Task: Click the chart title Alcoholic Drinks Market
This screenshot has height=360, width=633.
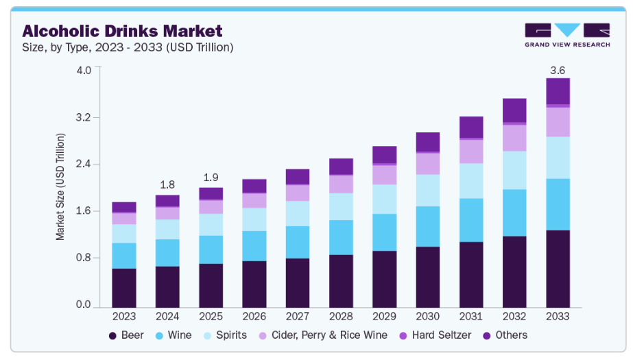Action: pos(122,31)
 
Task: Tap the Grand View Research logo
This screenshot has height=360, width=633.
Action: pos(566,34)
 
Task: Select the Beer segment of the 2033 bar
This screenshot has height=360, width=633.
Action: pos(558,268)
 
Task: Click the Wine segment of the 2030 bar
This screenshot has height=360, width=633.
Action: pos(427,226)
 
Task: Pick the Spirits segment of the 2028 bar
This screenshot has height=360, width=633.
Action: pos(341,206)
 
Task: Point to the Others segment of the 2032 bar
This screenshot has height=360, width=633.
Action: pos(514,110)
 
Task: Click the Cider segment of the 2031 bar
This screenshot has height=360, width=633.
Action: pos(471,151)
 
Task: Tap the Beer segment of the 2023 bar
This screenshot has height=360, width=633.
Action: pos(123,287)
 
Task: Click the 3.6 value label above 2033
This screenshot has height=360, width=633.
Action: pos(558,70)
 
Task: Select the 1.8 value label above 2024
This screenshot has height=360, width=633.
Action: pos(167,184)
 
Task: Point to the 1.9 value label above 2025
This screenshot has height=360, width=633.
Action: pos(211,177)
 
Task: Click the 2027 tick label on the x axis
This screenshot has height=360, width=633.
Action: pos(298,317)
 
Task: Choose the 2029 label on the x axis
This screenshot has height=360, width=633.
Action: pos(384,317)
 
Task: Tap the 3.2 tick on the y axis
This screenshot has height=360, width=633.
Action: pos(83,118)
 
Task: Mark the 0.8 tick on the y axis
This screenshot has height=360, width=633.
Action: pos(83,258)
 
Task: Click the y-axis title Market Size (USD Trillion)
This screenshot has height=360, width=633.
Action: pos(60,187)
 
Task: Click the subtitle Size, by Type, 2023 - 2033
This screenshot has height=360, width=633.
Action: pos(128,47)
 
